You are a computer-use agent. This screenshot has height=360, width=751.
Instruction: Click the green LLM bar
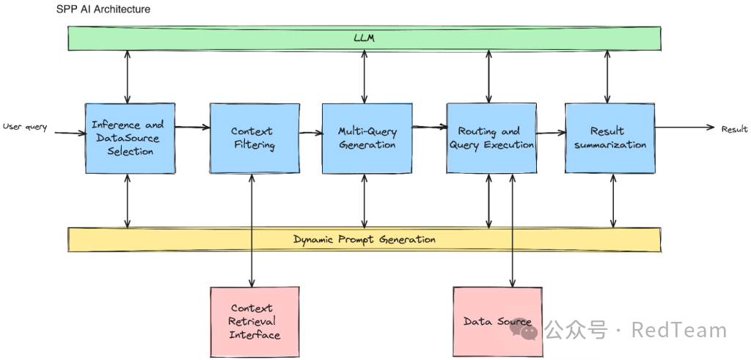364,38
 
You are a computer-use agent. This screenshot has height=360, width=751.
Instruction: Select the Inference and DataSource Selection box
130,138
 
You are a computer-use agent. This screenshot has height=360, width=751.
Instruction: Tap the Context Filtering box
254,138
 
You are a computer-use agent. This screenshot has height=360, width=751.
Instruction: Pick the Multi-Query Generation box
367,138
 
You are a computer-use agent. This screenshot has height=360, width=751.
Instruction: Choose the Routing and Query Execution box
491,138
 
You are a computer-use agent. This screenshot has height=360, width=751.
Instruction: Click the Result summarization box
609,138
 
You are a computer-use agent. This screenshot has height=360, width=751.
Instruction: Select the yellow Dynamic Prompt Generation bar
364,239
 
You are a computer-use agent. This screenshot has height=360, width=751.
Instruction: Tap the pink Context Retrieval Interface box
254,322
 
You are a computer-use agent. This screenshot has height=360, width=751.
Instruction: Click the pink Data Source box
498,322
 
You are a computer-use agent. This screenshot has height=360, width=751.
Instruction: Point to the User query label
25,127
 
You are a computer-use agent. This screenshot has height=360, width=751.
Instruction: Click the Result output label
734,129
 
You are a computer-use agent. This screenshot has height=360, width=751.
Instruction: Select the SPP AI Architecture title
103,9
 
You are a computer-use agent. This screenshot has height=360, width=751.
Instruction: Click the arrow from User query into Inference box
70,132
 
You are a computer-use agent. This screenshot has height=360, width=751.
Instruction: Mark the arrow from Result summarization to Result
685,128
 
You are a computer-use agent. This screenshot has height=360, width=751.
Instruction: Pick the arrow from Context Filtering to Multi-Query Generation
311,133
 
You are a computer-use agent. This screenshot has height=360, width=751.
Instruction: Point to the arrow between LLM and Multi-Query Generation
365,76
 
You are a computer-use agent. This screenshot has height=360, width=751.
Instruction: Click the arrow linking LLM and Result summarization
607,76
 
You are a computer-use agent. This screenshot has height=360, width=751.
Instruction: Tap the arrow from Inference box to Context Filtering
193,127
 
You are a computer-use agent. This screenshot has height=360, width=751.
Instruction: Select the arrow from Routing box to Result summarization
552,133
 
